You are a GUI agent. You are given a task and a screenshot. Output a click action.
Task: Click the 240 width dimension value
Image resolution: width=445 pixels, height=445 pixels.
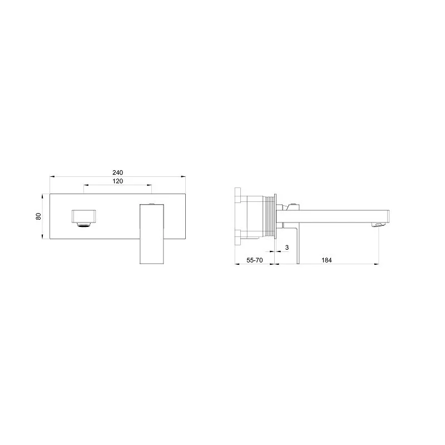[117, 172]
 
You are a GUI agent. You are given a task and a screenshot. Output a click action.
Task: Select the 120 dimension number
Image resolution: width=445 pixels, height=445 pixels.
[117, 181]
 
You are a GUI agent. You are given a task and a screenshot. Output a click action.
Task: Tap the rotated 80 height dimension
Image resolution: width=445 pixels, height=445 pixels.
[39, 216]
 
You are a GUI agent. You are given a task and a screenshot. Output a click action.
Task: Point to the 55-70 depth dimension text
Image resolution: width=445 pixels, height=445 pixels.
[255, 260]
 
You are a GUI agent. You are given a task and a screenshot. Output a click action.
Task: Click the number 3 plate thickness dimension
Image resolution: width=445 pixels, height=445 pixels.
[286, 248]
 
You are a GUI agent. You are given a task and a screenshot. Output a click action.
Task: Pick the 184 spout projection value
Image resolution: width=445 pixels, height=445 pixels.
[327, 260]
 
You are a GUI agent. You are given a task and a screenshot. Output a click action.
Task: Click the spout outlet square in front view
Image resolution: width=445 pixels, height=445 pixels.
[84, 216]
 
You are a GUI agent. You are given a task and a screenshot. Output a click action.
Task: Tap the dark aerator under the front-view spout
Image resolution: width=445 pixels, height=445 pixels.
[84, 225]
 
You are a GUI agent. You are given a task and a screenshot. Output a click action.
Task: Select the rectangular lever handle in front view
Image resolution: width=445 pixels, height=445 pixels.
[152, 234]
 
